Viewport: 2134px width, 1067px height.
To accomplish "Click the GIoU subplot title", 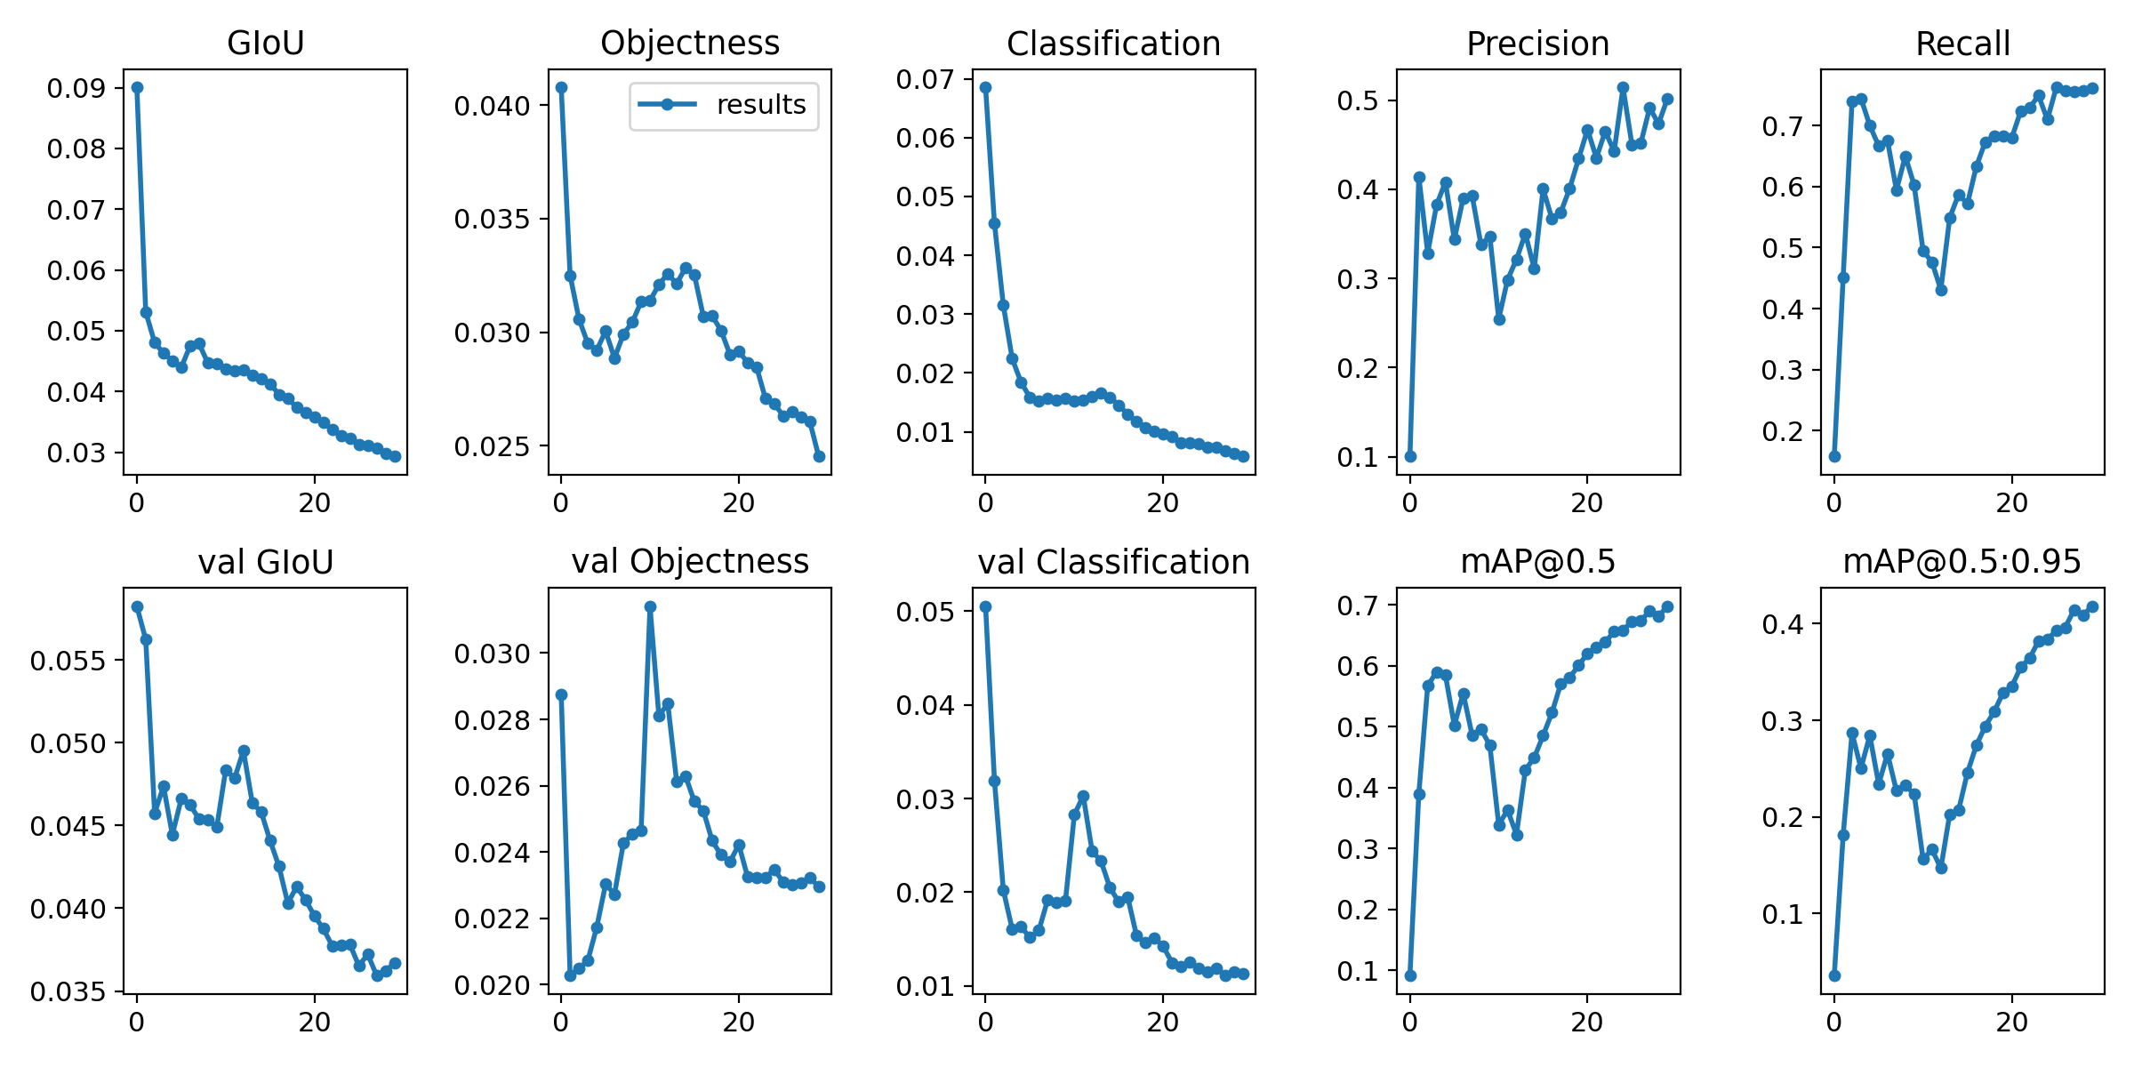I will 266,43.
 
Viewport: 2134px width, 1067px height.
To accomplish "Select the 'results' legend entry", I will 724,105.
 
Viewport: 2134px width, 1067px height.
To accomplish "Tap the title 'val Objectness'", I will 690,561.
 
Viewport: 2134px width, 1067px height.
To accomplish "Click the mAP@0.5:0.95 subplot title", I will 1962,561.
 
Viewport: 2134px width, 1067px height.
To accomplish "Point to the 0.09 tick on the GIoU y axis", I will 76,88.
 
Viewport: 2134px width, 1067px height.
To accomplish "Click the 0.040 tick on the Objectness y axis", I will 492,106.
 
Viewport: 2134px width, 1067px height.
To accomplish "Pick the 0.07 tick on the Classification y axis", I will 925,79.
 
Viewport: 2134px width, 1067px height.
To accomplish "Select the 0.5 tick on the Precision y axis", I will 1358,100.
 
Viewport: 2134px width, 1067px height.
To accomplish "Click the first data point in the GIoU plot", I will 137,88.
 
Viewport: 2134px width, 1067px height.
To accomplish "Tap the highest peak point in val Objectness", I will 650,606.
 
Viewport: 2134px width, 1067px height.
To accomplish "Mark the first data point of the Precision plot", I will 1410,456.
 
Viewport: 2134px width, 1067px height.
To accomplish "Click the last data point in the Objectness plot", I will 819,456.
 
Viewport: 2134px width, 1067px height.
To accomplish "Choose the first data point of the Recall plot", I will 1834,456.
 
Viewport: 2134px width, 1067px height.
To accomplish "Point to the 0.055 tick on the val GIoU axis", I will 68,661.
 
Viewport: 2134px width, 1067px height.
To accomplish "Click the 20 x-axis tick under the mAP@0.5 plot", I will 1587,1023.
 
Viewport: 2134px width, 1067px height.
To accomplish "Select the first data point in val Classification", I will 985,606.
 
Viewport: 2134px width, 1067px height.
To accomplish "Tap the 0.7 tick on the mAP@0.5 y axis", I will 1358,606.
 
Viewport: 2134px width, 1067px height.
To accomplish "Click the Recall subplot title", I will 1962,43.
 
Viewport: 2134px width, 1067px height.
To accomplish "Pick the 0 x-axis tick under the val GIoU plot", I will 137,1023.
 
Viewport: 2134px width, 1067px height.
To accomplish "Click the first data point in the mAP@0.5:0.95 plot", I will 1834,975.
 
